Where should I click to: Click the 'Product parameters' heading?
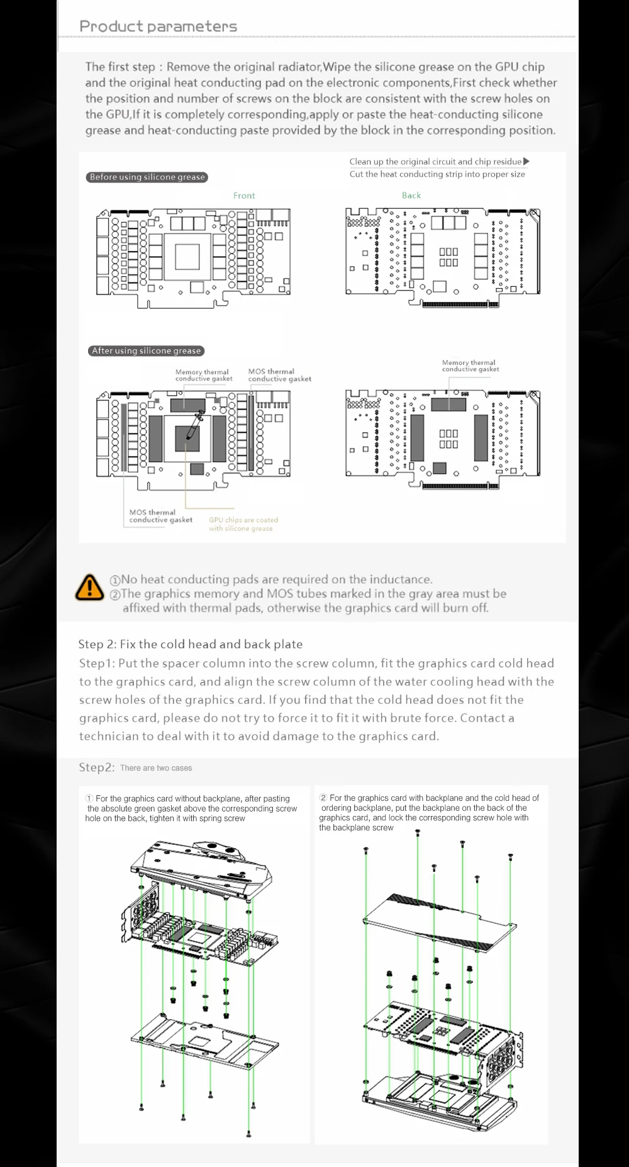[158, 26]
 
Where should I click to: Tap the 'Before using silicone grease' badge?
[147, 177]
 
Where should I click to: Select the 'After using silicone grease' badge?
[147, 351]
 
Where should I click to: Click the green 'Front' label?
[244, 196]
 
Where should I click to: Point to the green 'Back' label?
[411, 196]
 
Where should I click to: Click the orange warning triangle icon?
[89, 587]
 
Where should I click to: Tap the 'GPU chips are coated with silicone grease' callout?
[243, 524]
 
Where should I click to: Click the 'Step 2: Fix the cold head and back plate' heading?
[190, 644]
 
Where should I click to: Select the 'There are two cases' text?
[156, 768]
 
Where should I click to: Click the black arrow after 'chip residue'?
[526, 162]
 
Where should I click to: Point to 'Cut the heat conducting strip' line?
[437, 174]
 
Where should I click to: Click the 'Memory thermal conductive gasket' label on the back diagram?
[470, 366]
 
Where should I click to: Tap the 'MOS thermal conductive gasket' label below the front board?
[160, 516]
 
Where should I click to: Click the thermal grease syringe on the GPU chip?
[194, 421]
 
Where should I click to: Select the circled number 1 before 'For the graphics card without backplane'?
[89, 798]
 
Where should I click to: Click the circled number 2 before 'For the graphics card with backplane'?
[323, 798]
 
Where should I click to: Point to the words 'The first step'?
[120, 67]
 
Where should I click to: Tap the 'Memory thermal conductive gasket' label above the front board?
[203, 376]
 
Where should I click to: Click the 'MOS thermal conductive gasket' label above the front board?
[279, 376]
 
